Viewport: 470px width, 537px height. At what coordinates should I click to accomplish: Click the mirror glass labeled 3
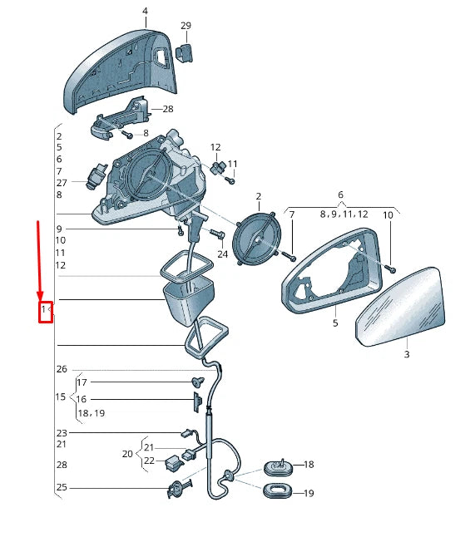tap(400, 307)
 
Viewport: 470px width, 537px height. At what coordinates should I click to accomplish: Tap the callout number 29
tap(186, 26)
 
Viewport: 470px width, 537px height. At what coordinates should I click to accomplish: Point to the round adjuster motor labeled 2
tap(257, 239)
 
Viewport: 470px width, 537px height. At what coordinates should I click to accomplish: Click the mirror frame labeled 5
tap(332, 270)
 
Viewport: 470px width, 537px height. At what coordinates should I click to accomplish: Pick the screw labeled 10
tap(390, 268)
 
